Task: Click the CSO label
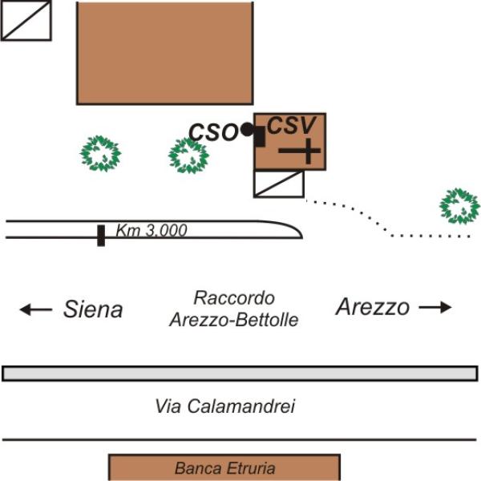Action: pyautogui.click(x=213, y=131)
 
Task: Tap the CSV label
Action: pyautogui.click(x=293, y=125)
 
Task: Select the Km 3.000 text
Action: pyautogui.click(x=152, y=230)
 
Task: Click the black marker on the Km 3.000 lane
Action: pyautogui.click(x=101, y=235)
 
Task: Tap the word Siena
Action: pyautogui.click(x=93, y=309)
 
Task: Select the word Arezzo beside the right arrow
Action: pyautogui.click(x=373, y=306)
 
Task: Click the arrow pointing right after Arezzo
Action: pyautogui.click(x=435, y=306)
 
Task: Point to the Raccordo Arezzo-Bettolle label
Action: pyautogui.click(x=233, y=309)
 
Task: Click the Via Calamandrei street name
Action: pyautogui.click(x=225, y=406)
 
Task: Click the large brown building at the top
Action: pyautogui.click(x=164, y=52)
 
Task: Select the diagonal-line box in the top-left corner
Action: pyautogui.click(x=26, y=20)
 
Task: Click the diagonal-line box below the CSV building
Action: pyautogui.click(x=279, y=184)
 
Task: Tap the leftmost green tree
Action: pyautogui.click(x=102, y=154)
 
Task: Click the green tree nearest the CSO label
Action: pyautogui.click(x=189, y=156)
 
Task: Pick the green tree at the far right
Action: pyautogui.click(x=459, y=206)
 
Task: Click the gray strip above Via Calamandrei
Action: pyautogui.click(x=240, y=374)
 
